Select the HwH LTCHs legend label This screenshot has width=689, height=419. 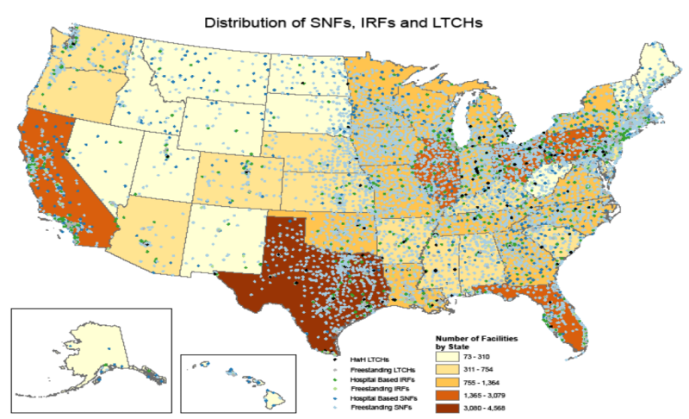(x=369, y=358)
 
